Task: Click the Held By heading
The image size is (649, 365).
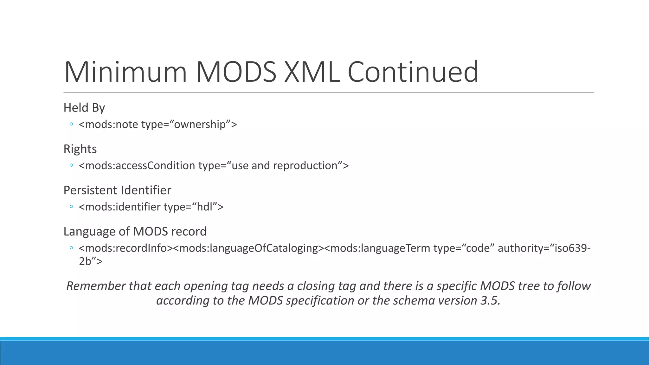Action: tap(84, 108)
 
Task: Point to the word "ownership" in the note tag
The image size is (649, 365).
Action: tap(200, 124)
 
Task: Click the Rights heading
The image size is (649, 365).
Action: tap(80, 149)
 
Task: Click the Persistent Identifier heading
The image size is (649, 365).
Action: tap(117, 190)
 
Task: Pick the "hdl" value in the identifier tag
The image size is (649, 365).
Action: tap(204, 207)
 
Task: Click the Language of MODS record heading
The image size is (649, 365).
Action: tap(135, 231)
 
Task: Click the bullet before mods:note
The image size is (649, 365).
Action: tap(71, 124)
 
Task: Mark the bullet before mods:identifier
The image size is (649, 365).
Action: tap(71, 207)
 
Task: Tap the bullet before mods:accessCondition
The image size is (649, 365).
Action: tap(71, 165)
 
